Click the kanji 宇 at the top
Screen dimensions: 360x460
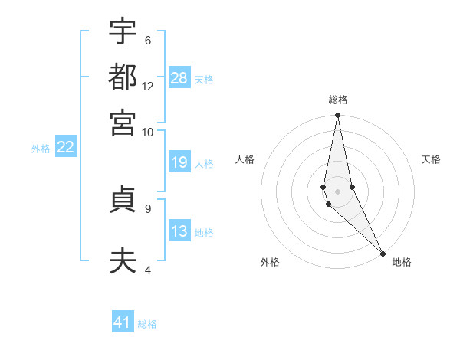[x=123, y=32]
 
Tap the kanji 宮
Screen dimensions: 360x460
[x=123, y=122]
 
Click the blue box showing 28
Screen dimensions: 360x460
[x=179, y=78]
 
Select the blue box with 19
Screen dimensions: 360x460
[x=179, y=162]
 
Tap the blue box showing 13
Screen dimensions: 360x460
[x=179, y=231]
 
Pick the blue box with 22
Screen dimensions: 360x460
[x=65, y=147]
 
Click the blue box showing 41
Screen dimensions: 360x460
[x=123, y=322]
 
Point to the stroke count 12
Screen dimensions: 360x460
[x=148, y=86]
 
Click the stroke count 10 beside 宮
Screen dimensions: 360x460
[x=148, y=132]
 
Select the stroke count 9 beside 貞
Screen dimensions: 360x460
[x=147, y=208]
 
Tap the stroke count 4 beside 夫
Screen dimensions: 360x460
[x=147, y=269]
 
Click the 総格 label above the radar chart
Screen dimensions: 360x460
[x=337, y=100]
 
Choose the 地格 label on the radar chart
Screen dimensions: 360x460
[x=402, y=262]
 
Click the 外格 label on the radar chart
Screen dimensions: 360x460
[x=270, y=262]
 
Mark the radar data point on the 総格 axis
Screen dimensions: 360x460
[x=337, y=116]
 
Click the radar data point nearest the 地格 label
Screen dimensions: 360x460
[x=383, y=253]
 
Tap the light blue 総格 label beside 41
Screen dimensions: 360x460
[x=147, y=324]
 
